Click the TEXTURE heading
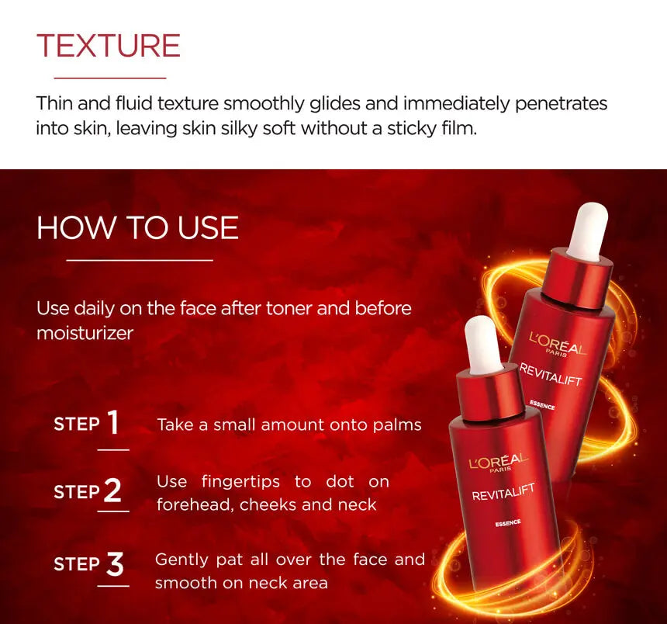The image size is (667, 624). point(109,46)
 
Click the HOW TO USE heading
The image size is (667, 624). point(137,227)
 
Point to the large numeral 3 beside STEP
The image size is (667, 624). point(115,564)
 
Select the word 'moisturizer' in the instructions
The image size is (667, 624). point(85,333)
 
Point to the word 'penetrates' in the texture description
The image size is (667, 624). point(561,104)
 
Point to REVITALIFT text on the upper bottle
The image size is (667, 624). point(551,374)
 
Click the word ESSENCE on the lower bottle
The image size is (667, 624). point(508,522)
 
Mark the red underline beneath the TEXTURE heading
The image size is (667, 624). point(110,78)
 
